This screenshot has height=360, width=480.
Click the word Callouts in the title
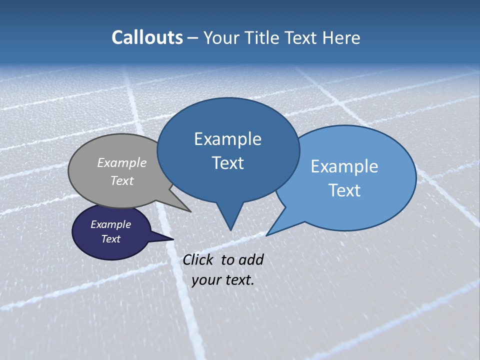pyautogui.click(x=147, y=37)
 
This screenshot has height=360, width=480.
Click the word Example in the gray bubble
pyautogui.click(x=122, y=162)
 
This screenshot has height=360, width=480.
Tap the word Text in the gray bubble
pyautogui.click(x=122, y=180)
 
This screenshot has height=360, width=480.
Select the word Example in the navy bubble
pyautogui.click(x=111, y=224)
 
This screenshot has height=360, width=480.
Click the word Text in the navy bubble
pyautogui.click(x=111, y=239)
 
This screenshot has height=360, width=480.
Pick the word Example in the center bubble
pyautogui.click(x=227, y=139)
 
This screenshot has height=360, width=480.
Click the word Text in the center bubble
pyautogui.click(x=227, y=163)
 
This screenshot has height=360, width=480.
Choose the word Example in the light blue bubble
pyautogui.click(x=344, y=166)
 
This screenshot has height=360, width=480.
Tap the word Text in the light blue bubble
pyautogui.click(x=344, y=190)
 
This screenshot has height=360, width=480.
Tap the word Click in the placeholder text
pyautogui.click(x=199, y=259)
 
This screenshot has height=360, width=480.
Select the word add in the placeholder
pyautogui.click(x=250, y=259)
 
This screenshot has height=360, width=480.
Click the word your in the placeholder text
pyautogui.click(x=206, y=280)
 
